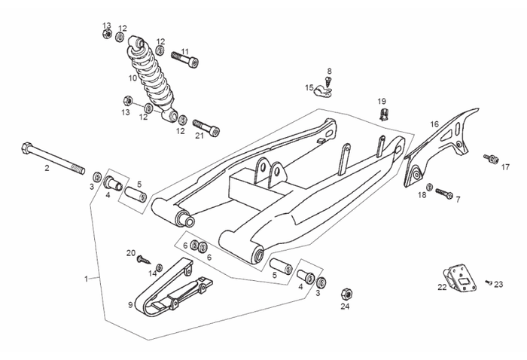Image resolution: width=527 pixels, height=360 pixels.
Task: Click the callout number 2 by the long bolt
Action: (47, 168)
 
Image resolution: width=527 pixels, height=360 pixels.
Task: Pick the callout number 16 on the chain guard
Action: (434, 124)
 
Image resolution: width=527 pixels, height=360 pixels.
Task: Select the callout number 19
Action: (382, 101)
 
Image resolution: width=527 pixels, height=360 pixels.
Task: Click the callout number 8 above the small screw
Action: (329, 72)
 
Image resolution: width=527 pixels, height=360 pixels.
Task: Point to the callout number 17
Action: (505, 168)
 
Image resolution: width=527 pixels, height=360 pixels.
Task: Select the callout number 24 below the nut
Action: (345, 306)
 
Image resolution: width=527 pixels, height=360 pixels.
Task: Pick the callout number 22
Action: (442, 286)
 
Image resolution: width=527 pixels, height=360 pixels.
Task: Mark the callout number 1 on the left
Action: (87, 279)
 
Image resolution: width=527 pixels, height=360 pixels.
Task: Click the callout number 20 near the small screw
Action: (130, 252)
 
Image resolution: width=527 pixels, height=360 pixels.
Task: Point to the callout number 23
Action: (498, 284)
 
